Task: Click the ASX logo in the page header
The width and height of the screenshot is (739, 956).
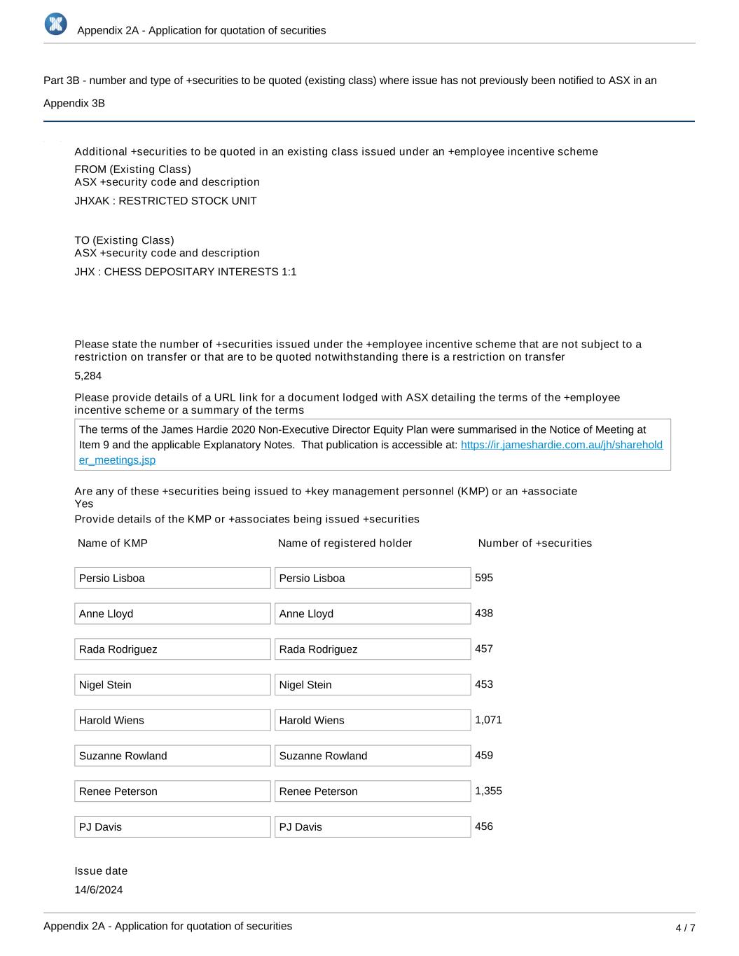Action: tap(55, 24)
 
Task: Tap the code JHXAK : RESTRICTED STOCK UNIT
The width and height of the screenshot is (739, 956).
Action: tap(165, 201)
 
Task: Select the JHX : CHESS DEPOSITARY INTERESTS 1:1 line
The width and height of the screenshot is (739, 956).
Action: tap(186, 272)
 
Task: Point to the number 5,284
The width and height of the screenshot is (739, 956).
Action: tap(88, 376)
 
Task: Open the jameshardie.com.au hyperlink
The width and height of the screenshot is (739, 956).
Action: tap(561, 445)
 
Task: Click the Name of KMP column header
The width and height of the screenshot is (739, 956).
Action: tap(113, 543)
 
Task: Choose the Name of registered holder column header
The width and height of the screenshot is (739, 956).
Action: tap(345, 543)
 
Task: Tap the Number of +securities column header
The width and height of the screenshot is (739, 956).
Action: tap(534, 543)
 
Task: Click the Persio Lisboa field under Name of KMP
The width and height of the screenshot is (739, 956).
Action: tap(172, 579)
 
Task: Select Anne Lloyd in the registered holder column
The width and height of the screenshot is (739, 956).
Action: tap(372, 614)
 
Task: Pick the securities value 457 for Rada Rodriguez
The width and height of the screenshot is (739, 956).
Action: tap(484, 649)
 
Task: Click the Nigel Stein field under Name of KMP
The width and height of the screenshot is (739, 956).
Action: tap(172, 685)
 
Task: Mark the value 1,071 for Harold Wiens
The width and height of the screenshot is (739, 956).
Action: tap(488, 720)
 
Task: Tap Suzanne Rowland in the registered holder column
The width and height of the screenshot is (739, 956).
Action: tap(372, 756)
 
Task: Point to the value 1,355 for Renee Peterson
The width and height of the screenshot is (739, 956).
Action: tap(488, 791)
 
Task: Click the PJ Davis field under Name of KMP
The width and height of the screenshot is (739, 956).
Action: tap(172, 827)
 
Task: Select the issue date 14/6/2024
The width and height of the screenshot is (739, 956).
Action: tap(99, 890)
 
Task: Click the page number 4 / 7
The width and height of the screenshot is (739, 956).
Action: tap(685, 928)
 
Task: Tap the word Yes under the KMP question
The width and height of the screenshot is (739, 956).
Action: tap(84, 504)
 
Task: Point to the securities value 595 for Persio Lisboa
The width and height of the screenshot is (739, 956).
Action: tap(484, 578)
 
